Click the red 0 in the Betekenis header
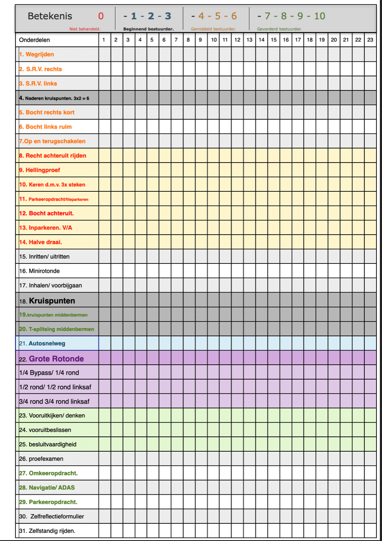click(x=101, y=16)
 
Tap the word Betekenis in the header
click(x=50, y=16)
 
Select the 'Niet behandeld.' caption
click(x=85, y=29)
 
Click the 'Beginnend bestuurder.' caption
click(x=148, y=29)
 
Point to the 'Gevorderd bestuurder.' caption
click(x=279, y=29)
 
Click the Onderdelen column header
click(x=34, y=40)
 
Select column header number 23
click(x=370, y=40)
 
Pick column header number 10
click(x=214, y=40)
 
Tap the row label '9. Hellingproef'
click(x=39, y=170)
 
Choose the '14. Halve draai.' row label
click(x=40, y=242)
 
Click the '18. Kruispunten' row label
click(x=47, y=301)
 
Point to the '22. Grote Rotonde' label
click(x=51, y=359)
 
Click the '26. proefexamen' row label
click(x=41, y=459)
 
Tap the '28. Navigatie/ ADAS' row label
click(x=47, y=487)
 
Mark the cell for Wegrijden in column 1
click(x=105, y=54)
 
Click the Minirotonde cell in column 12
click(x=238, y=271)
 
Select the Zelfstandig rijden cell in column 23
click(x=370, y=531)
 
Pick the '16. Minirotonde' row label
click(x=39, y=271)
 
